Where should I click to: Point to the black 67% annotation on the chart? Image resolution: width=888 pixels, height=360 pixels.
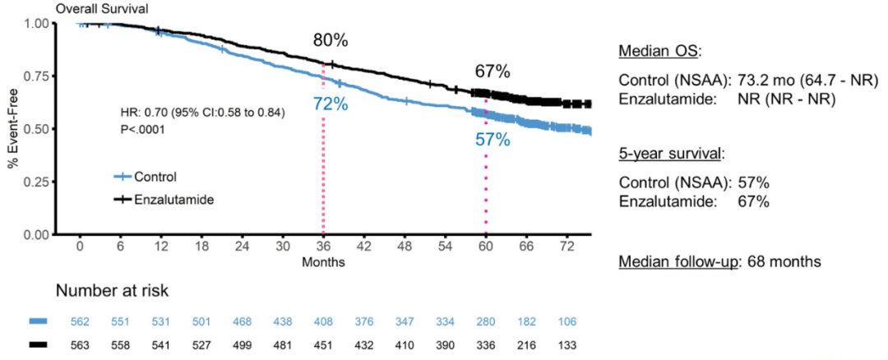click(493, 72)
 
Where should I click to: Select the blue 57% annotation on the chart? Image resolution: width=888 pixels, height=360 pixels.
click(493, 139)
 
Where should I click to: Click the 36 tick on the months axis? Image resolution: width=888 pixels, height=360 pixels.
click(323, 246)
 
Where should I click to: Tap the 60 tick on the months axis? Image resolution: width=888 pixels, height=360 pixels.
click(486, 246)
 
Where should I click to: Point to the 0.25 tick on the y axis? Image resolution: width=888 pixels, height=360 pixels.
click(36, 182)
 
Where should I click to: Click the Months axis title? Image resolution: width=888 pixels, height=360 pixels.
click(322, 262)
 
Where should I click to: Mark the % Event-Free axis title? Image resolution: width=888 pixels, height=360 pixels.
click(14, 129)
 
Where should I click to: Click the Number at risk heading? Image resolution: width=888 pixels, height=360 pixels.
click(112, 291)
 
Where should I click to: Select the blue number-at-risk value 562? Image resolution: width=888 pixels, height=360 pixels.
click(81, 321)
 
